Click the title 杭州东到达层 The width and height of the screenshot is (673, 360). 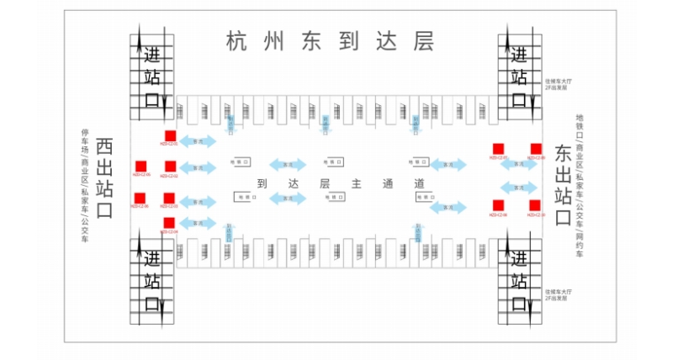(330, 40)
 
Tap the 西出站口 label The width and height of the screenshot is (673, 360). (103, 177)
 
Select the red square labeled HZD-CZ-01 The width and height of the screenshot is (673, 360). (170, 136)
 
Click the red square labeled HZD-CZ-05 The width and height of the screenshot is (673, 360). (140, 166)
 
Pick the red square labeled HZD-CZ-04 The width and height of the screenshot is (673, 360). (169, 223)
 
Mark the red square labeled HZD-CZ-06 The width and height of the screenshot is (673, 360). (140, 199)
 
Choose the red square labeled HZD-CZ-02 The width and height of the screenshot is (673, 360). (170, 167)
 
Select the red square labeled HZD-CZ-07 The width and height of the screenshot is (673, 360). (498, 149)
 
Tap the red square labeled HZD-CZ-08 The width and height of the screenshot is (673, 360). (498, 205)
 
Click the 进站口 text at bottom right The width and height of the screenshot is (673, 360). (519, 281)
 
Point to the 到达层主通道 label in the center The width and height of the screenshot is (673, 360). (336, 183)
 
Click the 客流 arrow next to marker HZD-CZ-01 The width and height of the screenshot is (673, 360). (198, 141)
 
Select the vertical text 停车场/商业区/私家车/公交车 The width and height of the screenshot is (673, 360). (84, 177)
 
